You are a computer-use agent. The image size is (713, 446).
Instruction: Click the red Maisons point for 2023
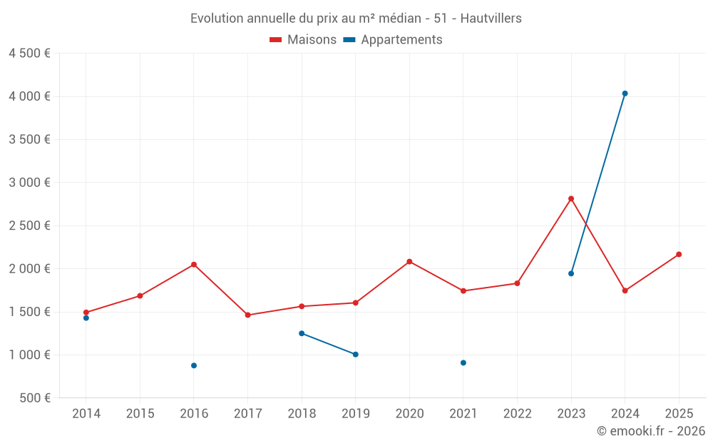(x=571, y=198)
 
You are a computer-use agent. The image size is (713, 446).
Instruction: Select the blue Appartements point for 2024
(x=625, y=93)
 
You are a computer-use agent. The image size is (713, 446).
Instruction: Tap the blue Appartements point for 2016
(x=194, y=365)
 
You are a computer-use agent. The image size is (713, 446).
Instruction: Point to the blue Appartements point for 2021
(x=463, y=363)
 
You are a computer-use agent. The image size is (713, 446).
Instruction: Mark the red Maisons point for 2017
(x=247, y=315)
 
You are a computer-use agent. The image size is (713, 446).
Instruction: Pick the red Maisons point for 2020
(x=409, y=261)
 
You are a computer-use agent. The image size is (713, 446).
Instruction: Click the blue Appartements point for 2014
(x=86, y=318)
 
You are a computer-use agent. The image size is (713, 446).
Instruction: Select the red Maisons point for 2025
(x=679, y=254)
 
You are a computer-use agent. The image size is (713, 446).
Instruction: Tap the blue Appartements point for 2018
(x=302, y=333)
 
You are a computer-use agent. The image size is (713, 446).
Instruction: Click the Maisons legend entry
(x=303, y=40)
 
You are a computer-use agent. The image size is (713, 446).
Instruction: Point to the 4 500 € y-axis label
(x=29, y=54)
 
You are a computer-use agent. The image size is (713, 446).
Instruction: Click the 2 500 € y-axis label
(x=29, y=225)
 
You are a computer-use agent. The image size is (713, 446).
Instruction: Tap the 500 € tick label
(x=34, y=398)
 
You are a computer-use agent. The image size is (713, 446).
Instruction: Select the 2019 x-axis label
(x=355, y=414)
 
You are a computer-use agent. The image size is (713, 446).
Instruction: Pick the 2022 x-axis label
(x=517, y=414)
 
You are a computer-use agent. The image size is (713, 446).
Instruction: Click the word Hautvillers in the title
(x=491, y=19)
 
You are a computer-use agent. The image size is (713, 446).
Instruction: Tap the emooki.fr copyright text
(x=650, y=431)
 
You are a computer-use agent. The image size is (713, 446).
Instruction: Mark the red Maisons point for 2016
(x=194, y=265)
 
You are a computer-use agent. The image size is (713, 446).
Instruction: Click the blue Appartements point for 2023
(x=571, y=273)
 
